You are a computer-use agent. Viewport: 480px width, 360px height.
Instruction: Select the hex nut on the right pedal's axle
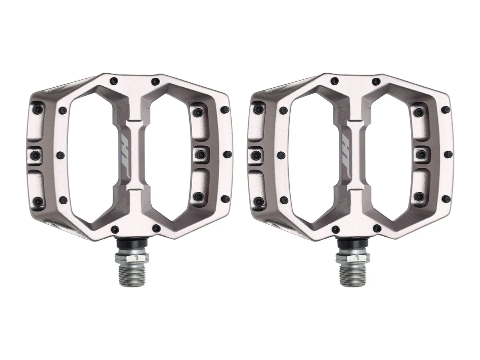pos(353,258)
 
